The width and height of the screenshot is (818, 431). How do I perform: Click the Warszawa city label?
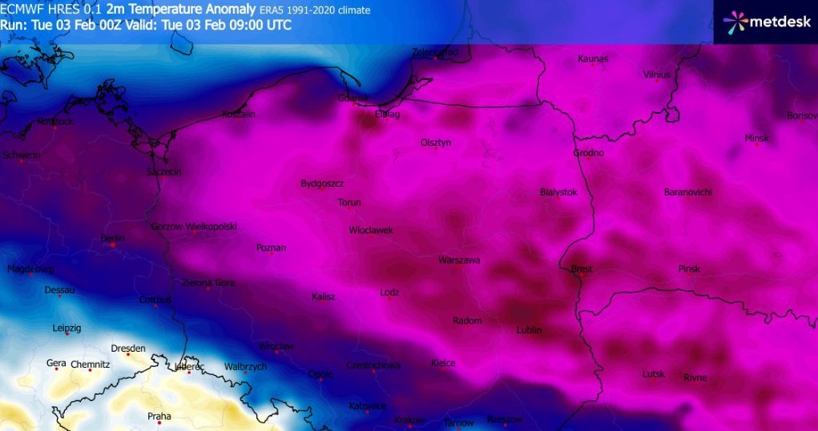[x=459, y=260]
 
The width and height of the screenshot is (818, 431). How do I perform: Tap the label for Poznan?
[x=271, y=248]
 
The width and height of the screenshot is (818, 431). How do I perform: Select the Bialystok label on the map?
[x=558, y=192]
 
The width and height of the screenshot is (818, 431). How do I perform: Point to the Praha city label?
[x=159, y=416]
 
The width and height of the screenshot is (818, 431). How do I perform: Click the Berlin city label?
[x=113, y=239]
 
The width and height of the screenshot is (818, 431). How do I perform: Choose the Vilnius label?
[x=656, y=75]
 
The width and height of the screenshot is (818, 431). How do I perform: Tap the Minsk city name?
[x=756, y=138]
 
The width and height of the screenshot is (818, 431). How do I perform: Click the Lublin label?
[x=529, y=330]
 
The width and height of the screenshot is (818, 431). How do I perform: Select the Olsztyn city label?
[x=436, y=143]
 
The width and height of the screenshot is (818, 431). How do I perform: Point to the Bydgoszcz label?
[x=322, y=183]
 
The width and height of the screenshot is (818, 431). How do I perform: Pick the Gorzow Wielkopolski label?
[x=194, y=227]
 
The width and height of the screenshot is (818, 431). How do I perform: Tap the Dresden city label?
[x=128, y=348]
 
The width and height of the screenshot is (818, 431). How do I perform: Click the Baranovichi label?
[x=687, y=192]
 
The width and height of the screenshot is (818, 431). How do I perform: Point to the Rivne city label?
[x=695, y=378]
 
